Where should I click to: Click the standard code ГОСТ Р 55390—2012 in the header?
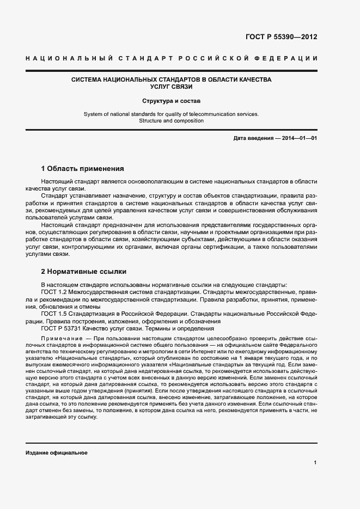point(282,37)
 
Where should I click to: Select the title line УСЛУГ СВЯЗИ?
point(172,87)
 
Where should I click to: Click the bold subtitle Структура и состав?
point(172,101)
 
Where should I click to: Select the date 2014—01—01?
point(300,138)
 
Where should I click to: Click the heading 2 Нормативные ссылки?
point(84,272)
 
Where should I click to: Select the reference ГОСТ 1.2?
point(53,292)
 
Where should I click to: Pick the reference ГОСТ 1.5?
point(53,314)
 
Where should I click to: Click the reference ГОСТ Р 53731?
point(60,328)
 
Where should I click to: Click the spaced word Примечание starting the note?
point(59,339)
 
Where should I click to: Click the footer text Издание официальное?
point(56,453)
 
